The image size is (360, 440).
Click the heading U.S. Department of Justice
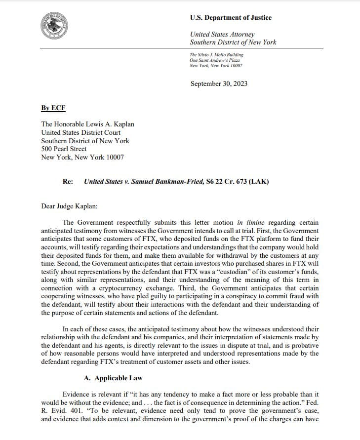(x=231, y=18)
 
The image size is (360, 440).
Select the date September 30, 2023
(x=219, y=83)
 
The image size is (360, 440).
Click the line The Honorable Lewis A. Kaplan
(x=87, y=124)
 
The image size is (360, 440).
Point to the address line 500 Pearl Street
(x=64, y=149)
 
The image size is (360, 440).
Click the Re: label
(x=68, y=181)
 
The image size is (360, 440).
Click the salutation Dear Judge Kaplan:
(x=72, y=205)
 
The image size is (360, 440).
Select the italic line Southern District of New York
(x=233, y=42)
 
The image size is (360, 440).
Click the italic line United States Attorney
(x=222, y=34)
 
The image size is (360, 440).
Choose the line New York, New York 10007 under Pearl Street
(x=82, y=157)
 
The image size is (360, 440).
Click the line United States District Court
(x=80, y=132)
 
